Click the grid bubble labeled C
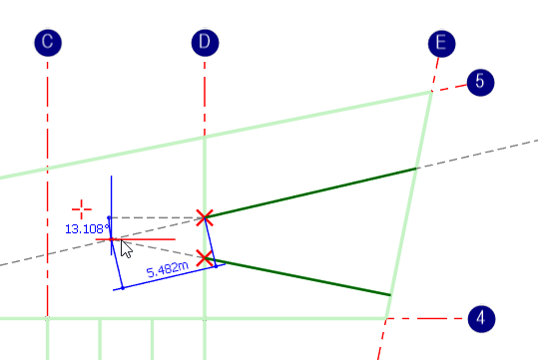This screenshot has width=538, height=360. (47, 43)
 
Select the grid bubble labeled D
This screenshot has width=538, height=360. (205, 43)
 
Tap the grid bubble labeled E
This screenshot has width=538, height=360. (440, 43)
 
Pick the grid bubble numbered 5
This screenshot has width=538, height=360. (480, 82)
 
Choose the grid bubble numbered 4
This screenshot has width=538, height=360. (480, 318)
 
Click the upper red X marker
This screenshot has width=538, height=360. (205, 217)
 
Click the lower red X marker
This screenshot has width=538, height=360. (205, 258)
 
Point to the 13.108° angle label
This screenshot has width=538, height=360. (86, 228)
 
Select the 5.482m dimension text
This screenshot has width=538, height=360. (166, 270)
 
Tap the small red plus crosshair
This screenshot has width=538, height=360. (82, 209)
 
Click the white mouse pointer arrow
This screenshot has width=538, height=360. (126, 247)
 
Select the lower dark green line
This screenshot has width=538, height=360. (304, 278)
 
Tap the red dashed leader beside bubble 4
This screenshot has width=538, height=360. (424, 318)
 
